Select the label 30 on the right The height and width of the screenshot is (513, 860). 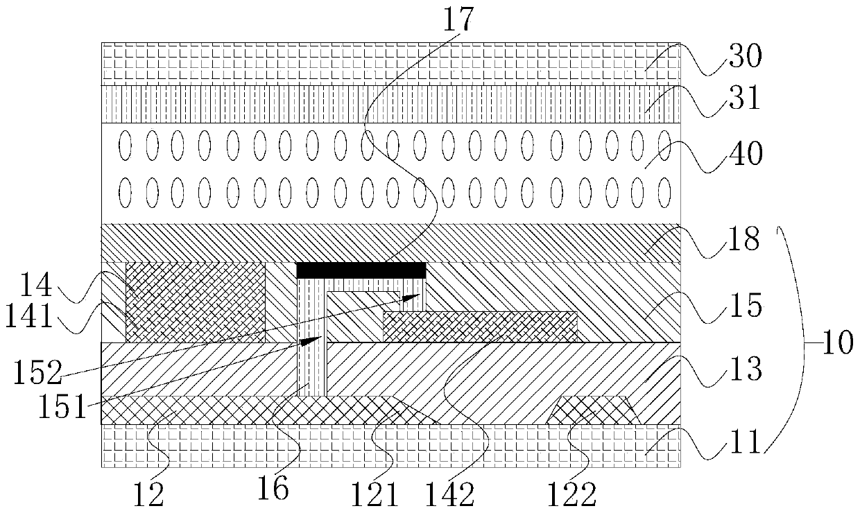[744, 56]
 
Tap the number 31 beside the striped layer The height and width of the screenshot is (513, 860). [744, 102]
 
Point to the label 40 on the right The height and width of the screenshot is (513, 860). [744, 153]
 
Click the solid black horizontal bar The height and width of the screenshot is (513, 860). [361, 270]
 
